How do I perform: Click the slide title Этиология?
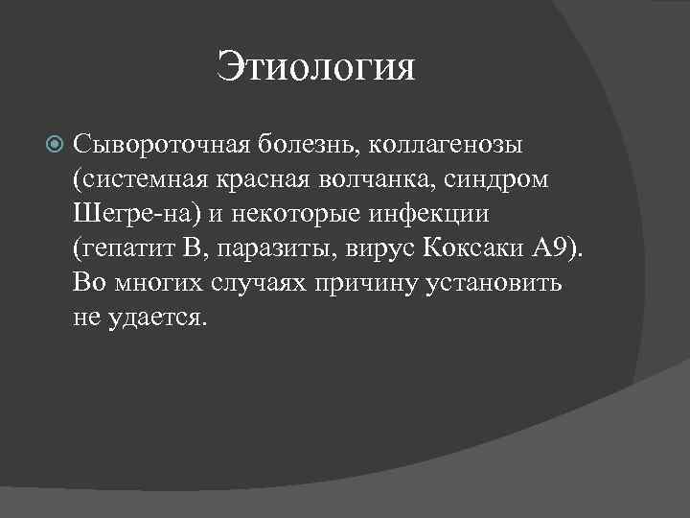[316, 68]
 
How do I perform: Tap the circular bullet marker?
[54, 146]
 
